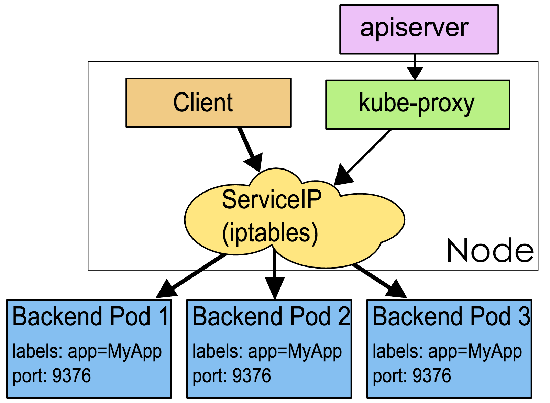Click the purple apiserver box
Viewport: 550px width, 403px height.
[419, 29]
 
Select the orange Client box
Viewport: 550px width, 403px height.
[208, 102]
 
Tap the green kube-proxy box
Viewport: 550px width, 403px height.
[417, 105]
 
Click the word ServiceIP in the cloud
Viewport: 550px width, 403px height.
[272, 199]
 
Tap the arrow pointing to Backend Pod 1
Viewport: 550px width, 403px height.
[192, 275]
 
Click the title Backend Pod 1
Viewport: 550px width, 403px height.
[90, 316]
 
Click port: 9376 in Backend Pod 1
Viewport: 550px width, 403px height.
[52, 375]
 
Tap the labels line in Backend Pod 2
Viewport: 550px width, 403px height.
[267, 351]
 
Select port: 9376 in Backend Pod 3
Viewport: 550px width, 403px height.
[412, 375]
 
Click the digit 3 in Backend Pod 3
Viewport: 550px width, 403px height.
[525, 316]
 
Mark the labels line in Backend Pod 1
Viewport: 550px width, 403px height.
[87, 351]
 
